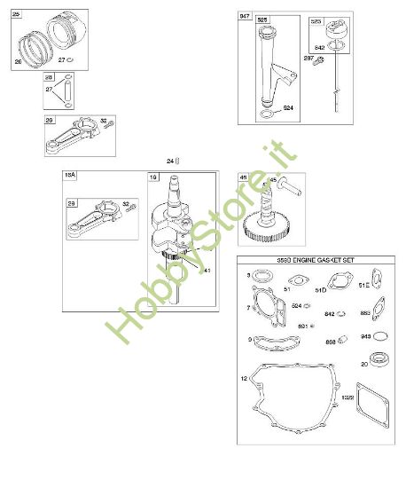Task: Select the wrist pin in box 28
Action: tap(62, 91)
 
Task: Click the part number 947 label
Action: tap(245, 17)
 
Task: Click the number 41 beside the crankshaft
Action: tap(207, 270)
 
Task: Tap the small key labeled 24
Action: tap(177, 160)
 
